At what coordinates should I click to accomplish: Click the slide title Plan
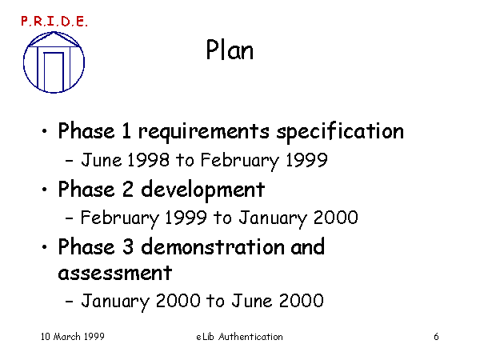click(230, 50)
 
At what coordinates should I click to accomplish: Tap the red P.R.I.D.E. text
click(54, 21)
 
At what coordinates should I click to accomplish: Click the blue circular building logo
click(54, 62)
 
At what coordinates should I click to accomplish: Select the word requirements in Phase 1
click(204, 132)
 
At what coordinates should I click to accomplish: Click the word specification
click(341, 132)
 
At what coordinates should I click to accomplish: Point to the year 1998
click(148, 160)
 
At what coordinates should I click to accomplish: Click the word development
click(202, 190)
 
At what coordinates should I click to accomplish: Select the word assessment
click(114, 273)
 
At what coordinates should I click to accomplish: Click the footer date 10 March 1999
click(73, 337)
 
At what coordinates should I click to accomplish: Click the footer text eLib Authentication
click(239, 337)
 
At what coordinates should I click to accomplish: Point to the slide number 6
click(436, 337)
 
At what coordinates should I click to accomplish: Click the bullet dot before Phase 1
click(45, 131)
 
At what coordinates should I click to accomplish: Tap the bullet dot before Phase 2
click(45, 189)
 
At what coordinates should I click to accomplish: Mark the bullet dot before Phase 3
click(45, 246)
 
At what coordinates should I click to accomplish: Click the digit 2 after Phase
click(128, 189)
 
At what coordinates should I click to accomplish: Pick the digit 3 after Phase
click(128, 246)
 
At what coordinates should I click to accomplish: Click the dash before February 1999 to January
click(69, 218)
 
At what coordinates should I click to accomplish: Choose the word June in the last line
click(251, 300)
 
